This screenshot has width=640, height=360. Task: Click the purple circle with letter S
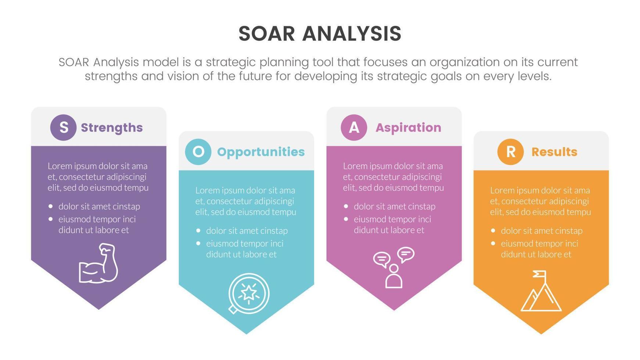click(63, 127)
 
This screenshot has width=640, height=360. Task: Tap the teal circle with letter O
click(198, 152)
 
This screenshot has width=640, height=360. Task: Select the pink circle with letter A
click(354, 127)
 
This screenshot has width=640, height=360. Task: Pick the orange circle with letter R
click(510, 152)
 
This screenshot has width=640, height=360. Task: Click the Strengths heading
click(112, 128)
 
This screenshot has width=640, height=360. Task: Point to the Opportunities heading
click(261, 152)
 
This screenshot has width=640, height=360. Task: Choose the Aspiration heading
click(408, 128)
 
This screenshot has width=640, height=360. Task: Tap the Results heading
click(554, 152)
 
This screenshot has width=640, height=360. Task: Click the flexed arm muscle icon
click(98, 263)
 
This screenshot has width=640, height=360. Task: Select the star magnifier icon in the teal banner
click(249, 294)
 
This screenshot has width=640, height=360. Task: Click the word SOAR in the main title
click(267, 34)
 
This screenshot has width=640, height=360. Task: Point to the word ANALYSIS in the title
click(352, 34)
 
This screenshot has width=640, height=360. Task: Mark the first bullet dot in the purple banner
click(51, 206)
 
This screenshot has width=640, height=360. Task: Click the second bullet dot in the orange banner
click(493, 244)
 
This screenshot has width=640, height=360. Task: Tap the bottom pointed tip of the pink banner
click(394, 309)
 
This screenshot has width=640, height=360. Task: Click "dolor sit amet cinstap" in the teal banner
click(247, 231)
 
